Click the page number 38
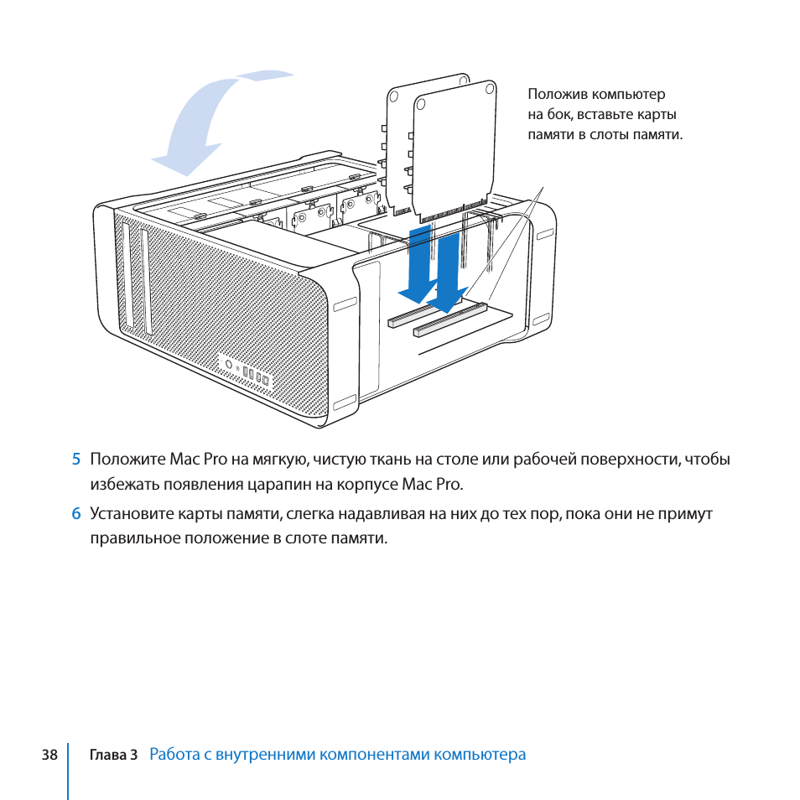tap(49, 755)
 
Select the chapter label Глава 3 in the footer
tap(113, 755)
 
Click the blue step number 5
tap(75, 460)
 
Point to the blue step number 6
tap(75, 514)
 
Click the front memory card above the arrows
tap(453, 147)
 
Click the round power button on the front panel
tap(229, 365)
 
